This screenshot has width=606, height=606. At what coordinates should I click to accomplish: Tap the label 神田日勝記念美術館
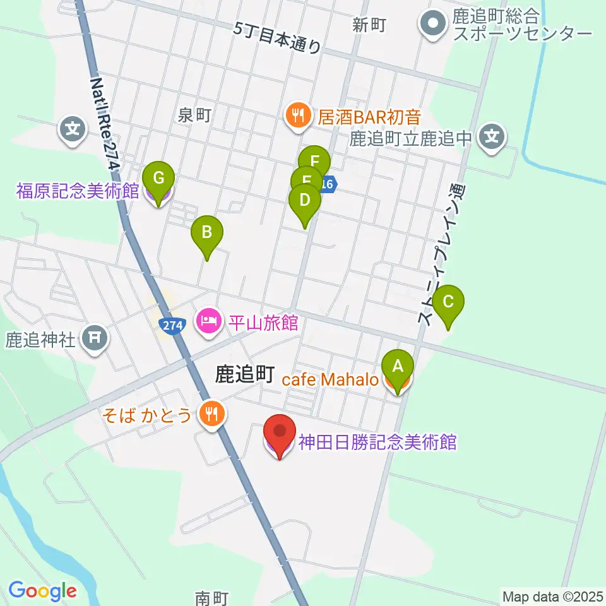coord(377,443)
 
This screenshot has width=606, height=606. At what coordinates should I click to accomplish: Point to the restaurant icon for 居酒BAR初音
coord(295,116)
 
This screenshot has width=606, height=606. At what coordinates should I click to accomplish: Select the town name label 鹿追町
coord(244,375)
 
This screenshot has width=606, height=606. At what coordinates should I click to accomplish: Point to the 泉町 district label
coord(193,115)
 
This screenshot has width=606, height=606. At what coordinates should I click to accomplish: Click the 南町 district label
coord(211,597)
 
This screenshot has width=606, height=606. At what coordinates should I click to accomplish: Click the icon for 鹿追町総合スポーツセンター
coord(434,25)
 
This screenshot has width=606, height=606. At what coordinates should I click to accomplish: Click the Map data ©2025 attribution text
coord(553,595)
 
